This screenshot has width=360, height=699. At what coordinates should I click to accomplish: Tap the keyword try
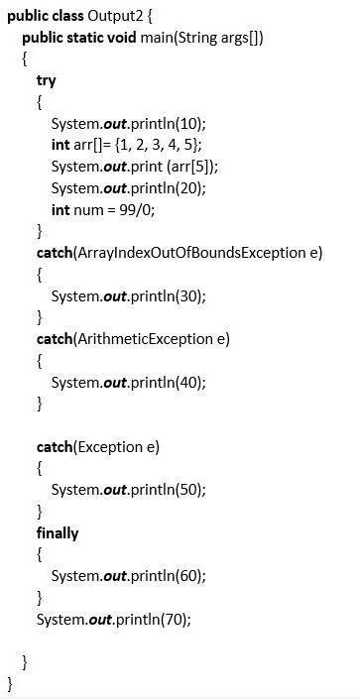pyautogui.click(x=46, y=80)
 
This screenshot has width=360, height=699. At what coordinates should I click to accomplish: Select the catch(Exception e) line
pyautogui.click(x=98, y=446)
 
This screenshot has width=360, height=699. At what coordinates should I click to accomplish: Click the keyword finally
pyautogui.click(x=58, y=533)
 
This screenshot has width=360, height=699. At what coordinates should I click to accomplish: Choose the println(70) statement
pyautogui.click(x=114, y=620)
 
